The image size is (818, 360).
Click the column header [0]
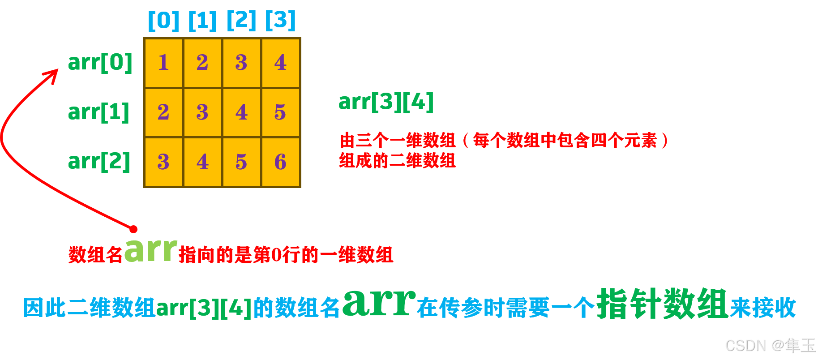(163, 20)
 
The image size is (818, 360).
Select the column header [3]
(281, 20)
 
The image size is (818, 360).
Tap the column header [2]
(242, 20)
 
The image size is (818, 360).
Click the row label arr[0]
(100, 62)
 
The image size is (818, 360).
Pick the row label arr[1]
(99, 112)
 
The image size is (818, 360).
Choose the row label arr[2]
(99, 161)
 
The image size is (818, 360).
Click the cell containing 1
(163, 63)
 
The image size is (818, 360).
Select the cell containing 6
(281, 162)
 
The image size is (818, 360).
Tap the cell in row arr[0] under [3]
(281, 63)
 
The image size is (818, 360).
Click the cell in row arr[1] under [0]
(163, 112)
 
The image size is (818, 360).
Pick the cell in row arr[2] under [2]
(241, 162)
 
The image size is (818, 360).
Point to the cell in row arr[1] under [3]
(281, 112)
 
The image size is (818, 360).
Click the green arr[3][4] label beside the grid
(386, 102)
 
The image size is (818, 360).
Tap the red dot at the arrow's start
(133, 229)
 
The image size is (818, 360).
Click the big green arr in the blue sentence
(379, 303)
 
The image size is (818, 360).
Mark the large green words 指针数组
(662, 304)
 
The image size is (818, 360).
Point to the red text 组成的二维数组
(397, 160)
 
